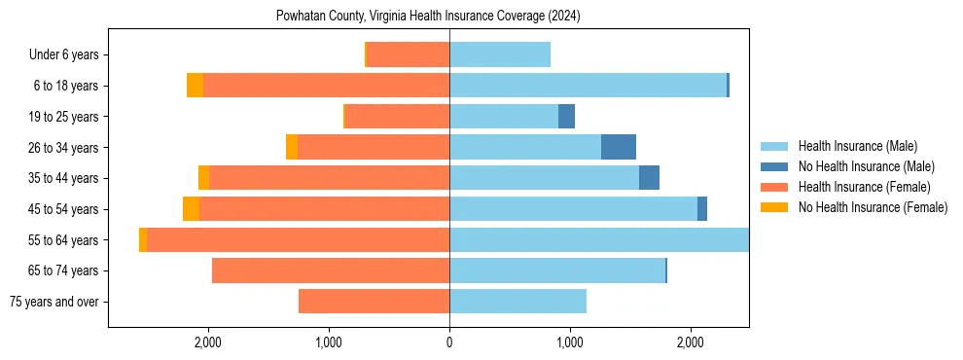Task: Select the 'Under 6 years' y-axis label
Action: [x=69, y=55]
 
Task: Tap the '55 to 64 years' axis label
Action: [x=66, y=240]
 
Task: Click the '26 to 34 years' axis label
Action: [x=66, y=148]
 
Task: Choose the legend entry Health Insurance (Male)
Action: [x=856, y=146]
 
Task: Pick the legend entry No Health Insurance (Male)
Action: [x=865, y=166]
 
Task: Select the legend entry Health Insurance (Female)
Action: [x=864, y=187]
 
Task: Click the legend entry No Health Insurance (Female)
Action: [x=873, y=207]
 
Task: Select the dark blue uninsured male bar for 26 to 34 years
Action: [x=619, y=148]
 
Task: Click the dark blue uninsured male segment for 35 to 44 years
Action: [x=649, y=178]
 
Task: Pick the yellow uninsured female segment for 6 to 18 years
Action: [x=195, y=86]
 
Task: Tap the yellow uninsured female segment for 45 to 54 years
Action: [x=191, y=209]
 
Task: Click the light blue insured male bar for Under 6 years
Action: [x=500, y=55]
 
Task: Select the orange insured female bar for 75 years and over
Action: [x=374, y=302]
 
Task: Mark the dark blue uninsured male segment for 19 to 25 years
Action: [x=566, y=117]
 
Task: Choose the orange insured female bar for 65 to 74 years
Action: [x=331, y=270]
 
